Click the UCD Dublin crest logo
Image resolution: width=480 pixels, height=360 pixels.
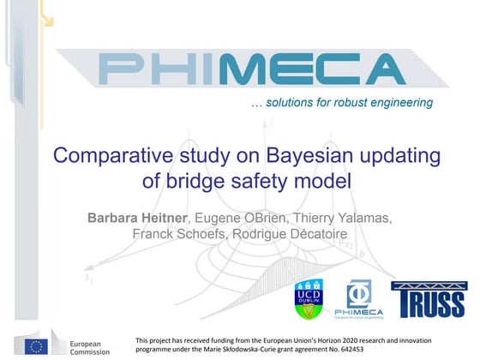tap(310, 299)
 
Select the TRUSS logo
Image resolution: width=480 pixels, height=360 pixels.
tap(429, 300)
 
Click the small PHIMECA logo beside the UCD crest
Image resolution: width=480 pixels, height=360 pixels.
tap(363, 299)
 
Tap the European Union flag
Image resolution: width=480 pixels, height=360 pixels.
tap(37, 345)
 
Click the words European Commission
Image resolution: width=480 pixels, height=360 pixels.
tap(89, 346)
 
